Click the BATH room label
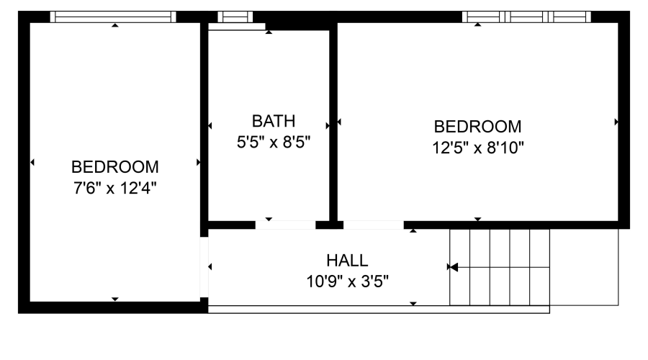click(x=273, y=120)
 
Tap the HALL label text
click(x=346, y=260)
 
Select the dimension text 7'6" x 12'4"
click(x=114, y=189)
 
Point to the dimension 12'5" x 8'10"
click(x=477, y=148)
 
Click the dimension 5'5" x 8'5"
click(x=273, y=142)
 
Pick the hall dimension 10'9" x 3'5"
click(x=347, y=281)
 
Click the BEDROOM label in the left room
click(x=114, y=167)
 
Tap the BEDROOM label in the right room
click(x=477, y=127)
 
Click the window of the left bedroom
click(x=114, y=17)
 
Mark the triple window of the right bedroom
click(x=526, y=17)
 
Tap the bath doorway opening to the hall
click(x=285, y=225)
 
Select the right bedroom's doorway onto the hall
click(x=373, y=225)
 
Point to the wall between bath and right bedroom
click(x=333, y=122)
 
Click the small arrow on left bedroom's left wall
click(x=32, y=163)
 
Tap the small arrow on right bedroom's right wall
click(x=616, y=122)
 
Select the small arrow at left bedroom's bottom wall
click(x=114, y=299)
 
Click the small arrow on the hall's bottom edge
click(x=413, y=303)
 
